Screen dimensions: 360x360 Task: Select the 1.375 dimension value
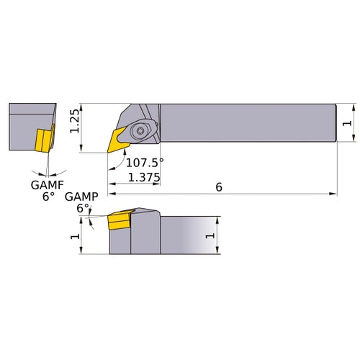(143, 176)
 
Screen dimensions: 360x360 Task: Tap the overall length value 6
(218, 186)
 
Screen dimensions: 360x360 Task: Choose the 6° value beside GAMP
(83, 208)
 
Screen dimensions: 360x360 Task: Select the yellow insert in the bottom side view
(117, 221)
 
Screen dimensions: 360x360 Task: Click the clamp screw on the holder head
(141, 130)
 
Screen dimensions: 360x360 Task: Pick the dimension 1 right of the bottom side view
(210, 236)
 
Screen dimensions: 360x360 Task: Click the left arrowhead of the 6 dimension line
(111, 194)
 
